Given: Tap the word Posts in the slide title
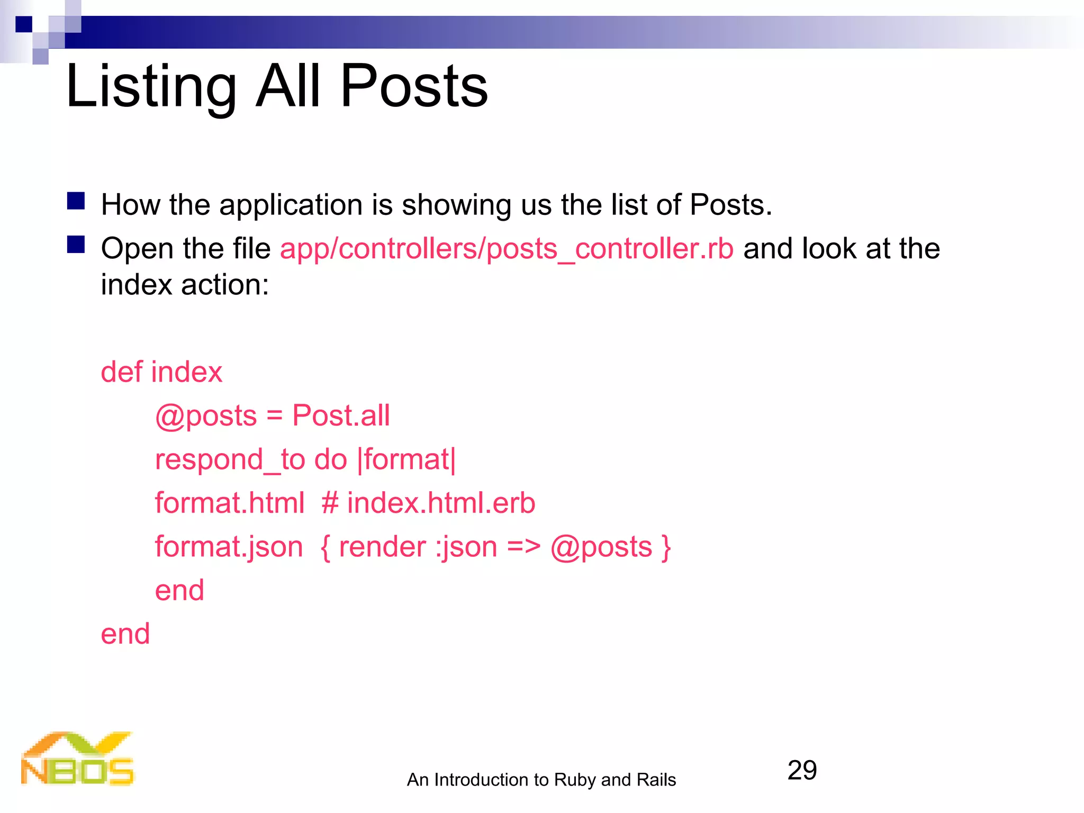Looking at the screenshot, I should click(413, 86).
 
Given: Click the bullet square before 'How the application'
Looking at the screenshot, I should click(76, 201).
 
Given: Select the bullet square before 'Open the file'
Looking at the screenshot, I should click(76, 245).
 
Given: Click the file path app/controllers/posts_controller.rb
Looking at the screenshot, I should click(507, 249).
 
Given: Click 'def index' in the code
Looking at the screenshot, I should click(161, 372).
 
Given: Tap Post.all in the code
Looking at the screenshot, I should click(341, 415).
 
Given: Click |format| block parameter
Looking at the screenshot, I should click(406, 459).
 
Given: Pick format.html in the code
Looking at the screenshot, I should click(229, 503).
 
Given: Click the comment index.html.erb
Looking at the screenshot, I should click(440, 503).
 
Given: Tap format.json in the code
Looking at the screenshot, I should click(229, 547).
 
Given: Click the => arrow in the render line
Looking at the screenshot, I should click(523, 547).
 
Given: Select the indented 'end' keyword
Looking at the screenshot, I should click(179, 590).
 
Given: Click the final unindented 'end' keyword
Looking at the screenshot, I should click(125, 634).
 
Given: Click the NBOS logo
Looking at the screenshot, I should click(77, 759).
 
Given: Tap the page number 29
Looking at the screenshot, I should click(802, 770).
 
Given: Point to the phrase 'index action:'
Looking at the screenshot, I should click(185, 285).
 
